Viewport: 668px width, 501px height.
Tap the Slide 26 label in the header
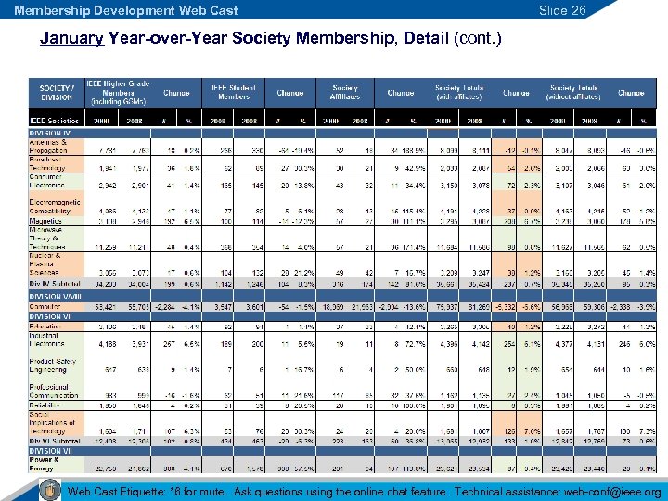coord(564,10)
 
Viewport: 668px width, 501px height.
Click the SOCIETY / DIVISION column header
coord(56,93)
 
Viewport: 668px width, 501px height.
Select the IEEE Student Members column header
coord(234,93)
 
